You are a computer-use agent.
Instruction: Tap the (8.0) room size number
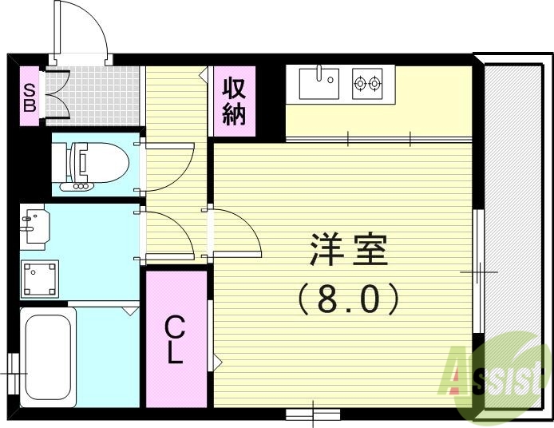coord(347,299)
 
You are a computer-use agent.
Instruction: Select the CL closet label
coord(176,339)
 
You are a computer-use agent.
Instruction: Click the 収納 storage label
coord(233,101)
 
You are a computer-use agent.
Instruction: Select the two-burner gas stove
coord(367,82)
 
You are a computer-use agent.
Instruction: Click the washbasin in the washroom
coord(34,226)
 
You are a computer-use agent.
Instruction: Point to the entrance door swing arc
coord(83,29)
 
